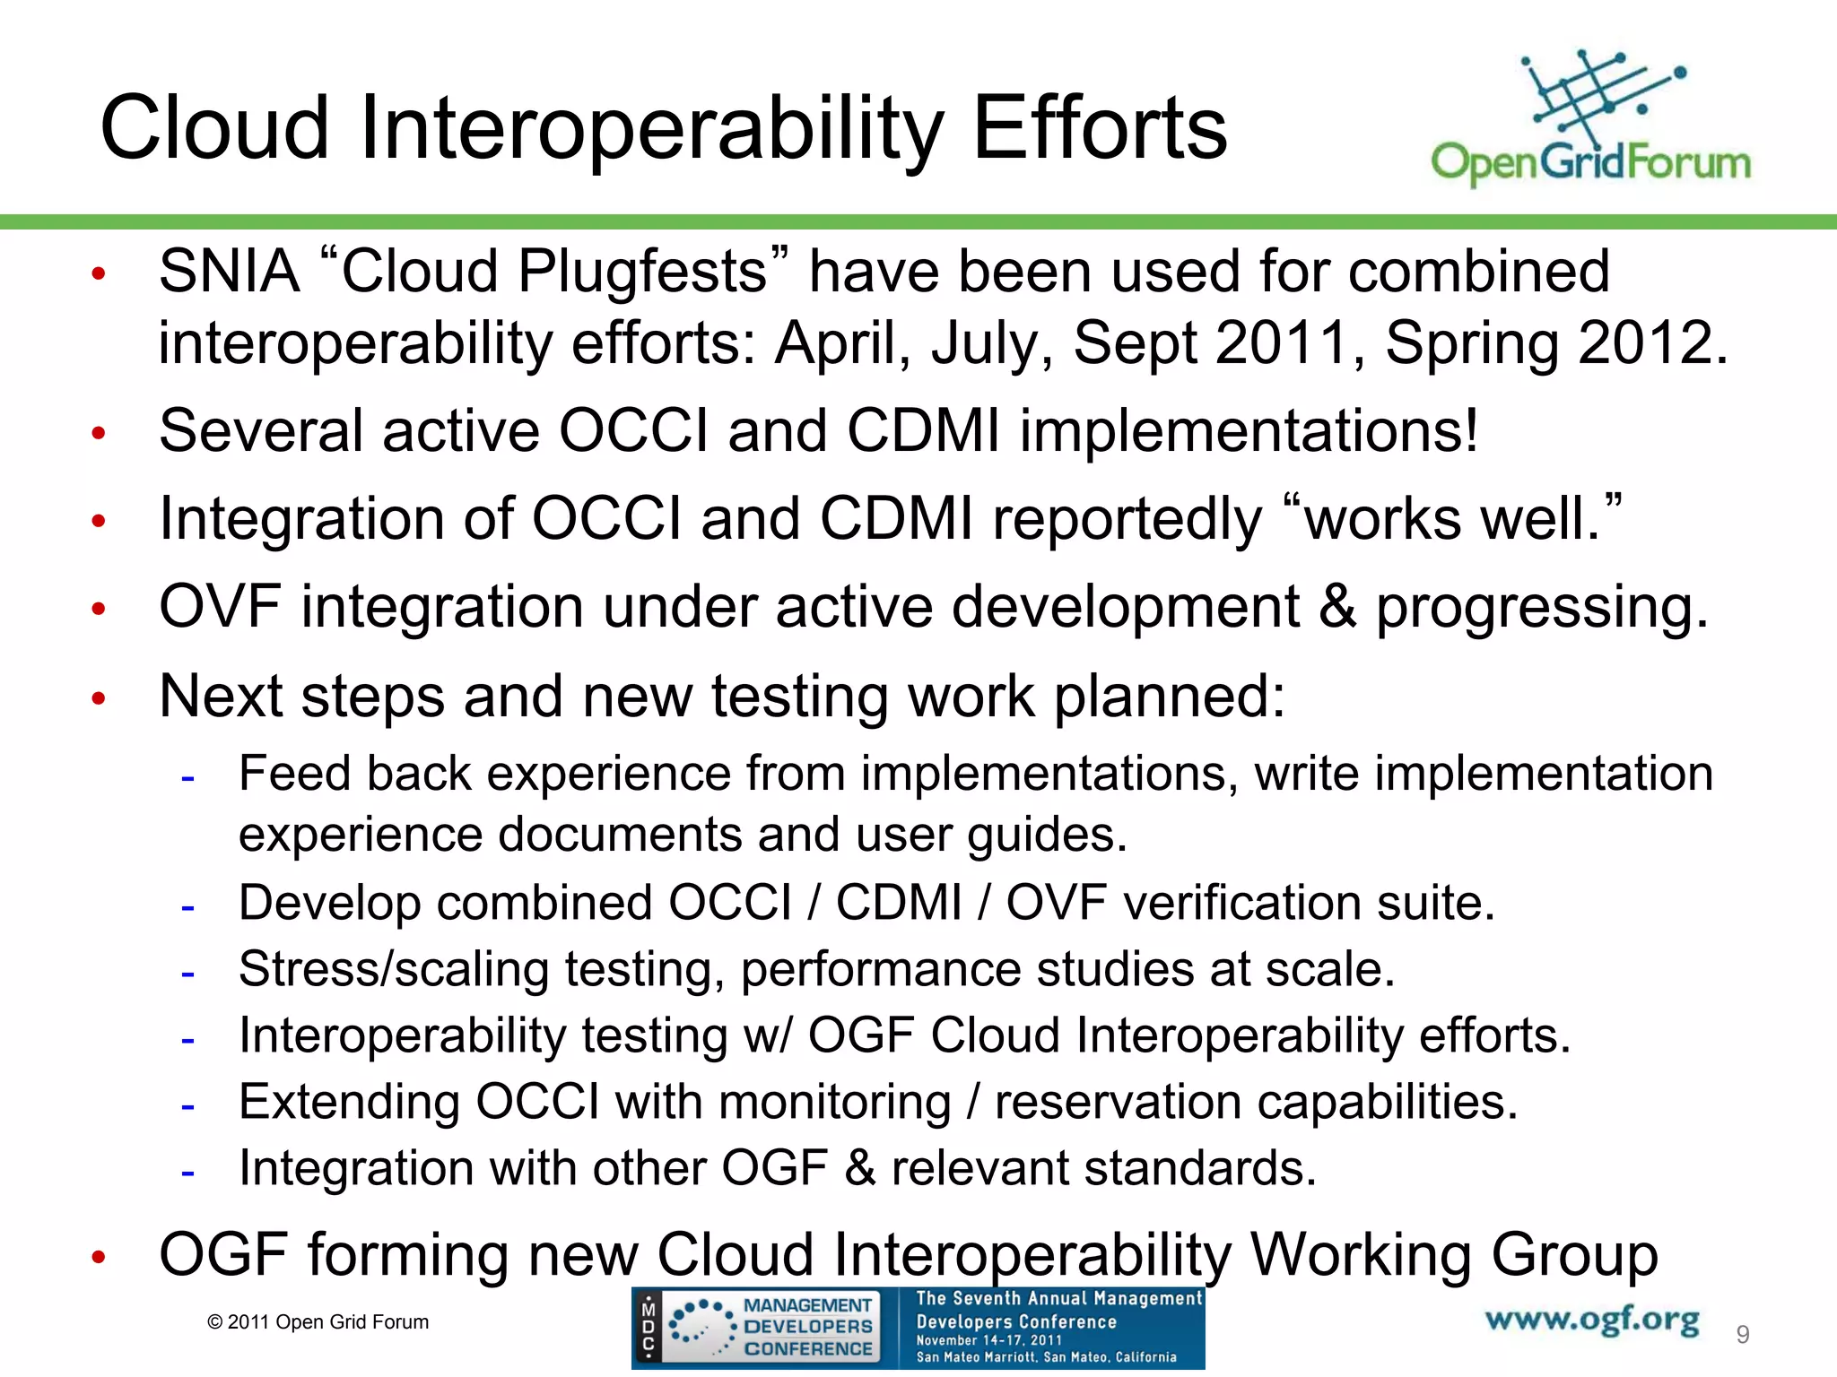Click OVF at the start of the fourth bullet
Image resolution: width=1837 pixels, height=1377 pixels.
[x=219, y=607]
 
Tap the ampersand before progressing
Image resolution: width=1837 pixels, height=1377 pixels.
[x=1337, y=607]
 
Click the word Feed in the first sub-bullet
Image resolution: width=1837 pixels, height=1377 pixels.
[x=293, y=774]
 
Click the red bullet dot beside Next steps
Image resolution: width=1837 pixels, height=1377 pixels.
[x=99, y=698]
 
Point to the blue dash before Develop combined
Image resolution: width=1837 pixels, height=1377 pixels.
[x=187, y=906]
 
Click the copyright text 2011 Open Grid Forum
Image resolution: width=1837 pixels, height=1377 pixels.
[x=318, y=1322]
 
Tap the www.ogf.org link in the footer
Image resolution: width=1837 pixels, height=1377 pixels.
[x=1592, y=1320]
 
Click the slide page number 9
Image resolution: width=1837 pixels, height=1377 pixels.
[x=1742, y=1335]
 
